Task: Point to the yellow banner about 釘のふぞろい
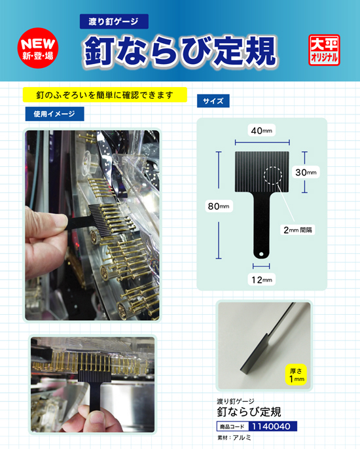pos(105,95)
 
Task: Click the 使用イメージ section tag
pos(54,113)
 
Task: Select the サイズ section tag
pos(213,101)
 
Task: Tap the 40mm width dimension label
pos(261,131)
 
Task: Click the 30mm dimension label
pos(305,172)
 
